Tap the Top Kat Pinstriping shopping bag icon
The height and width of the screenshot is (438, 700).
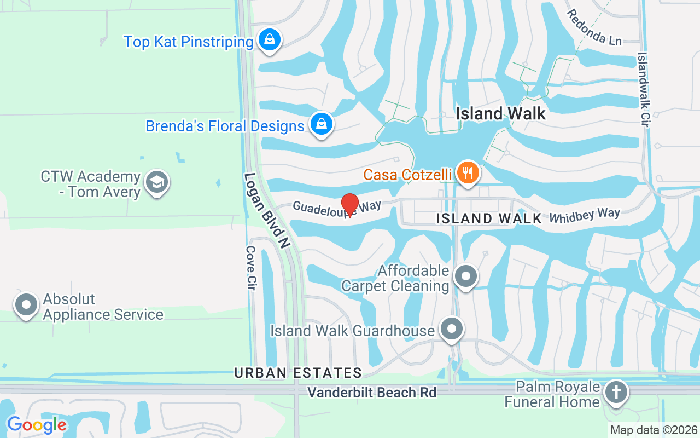(269, 40)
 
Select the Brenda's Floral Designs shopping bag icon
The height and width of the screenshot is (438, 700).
(322, 124)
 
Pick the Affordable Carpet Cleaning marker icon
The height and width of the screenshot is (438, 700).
(466, 277)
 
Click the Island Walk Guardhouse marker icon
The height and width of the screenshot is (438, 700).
(452, 330)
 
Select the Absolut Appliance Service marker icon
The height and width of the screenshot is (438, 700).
(26, 306)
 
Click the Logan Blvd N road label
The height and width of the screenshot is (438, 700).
(266, 211)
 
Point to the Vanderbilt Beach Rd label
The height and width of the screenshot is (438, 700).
(372, 393)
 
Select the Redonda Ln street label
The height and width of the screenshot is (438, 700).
(594, 27)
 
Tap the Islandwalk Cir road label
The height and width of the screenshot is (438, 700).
(644, 90)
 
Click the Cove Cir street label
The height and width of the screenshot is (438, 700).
(251, 268)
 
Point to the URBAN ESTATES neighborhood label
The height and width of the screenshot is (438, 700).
(298, 373)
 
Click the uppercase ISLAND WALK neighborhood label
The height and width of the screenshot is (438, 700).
(489, 218)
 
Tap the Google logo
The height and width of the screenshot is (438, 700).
(37, 424)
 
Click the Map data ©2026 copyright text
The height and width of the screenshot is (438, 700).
(654, 430)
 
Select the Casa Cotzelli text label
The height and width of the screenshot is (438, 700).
(408, 175)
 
